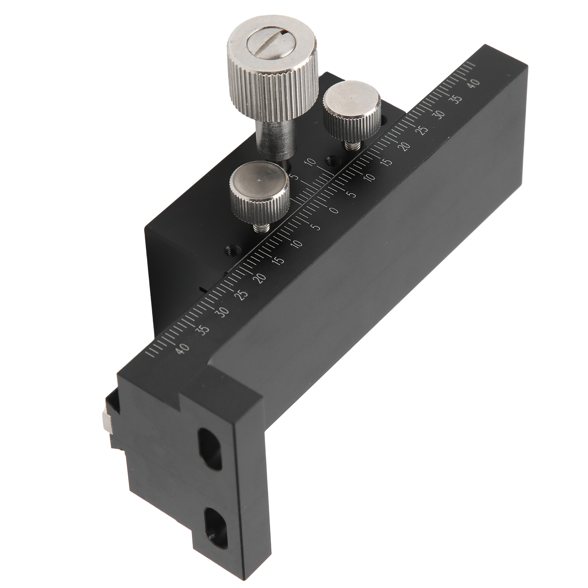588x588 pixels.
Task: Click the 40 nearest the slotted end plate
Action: coord(183,347)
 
